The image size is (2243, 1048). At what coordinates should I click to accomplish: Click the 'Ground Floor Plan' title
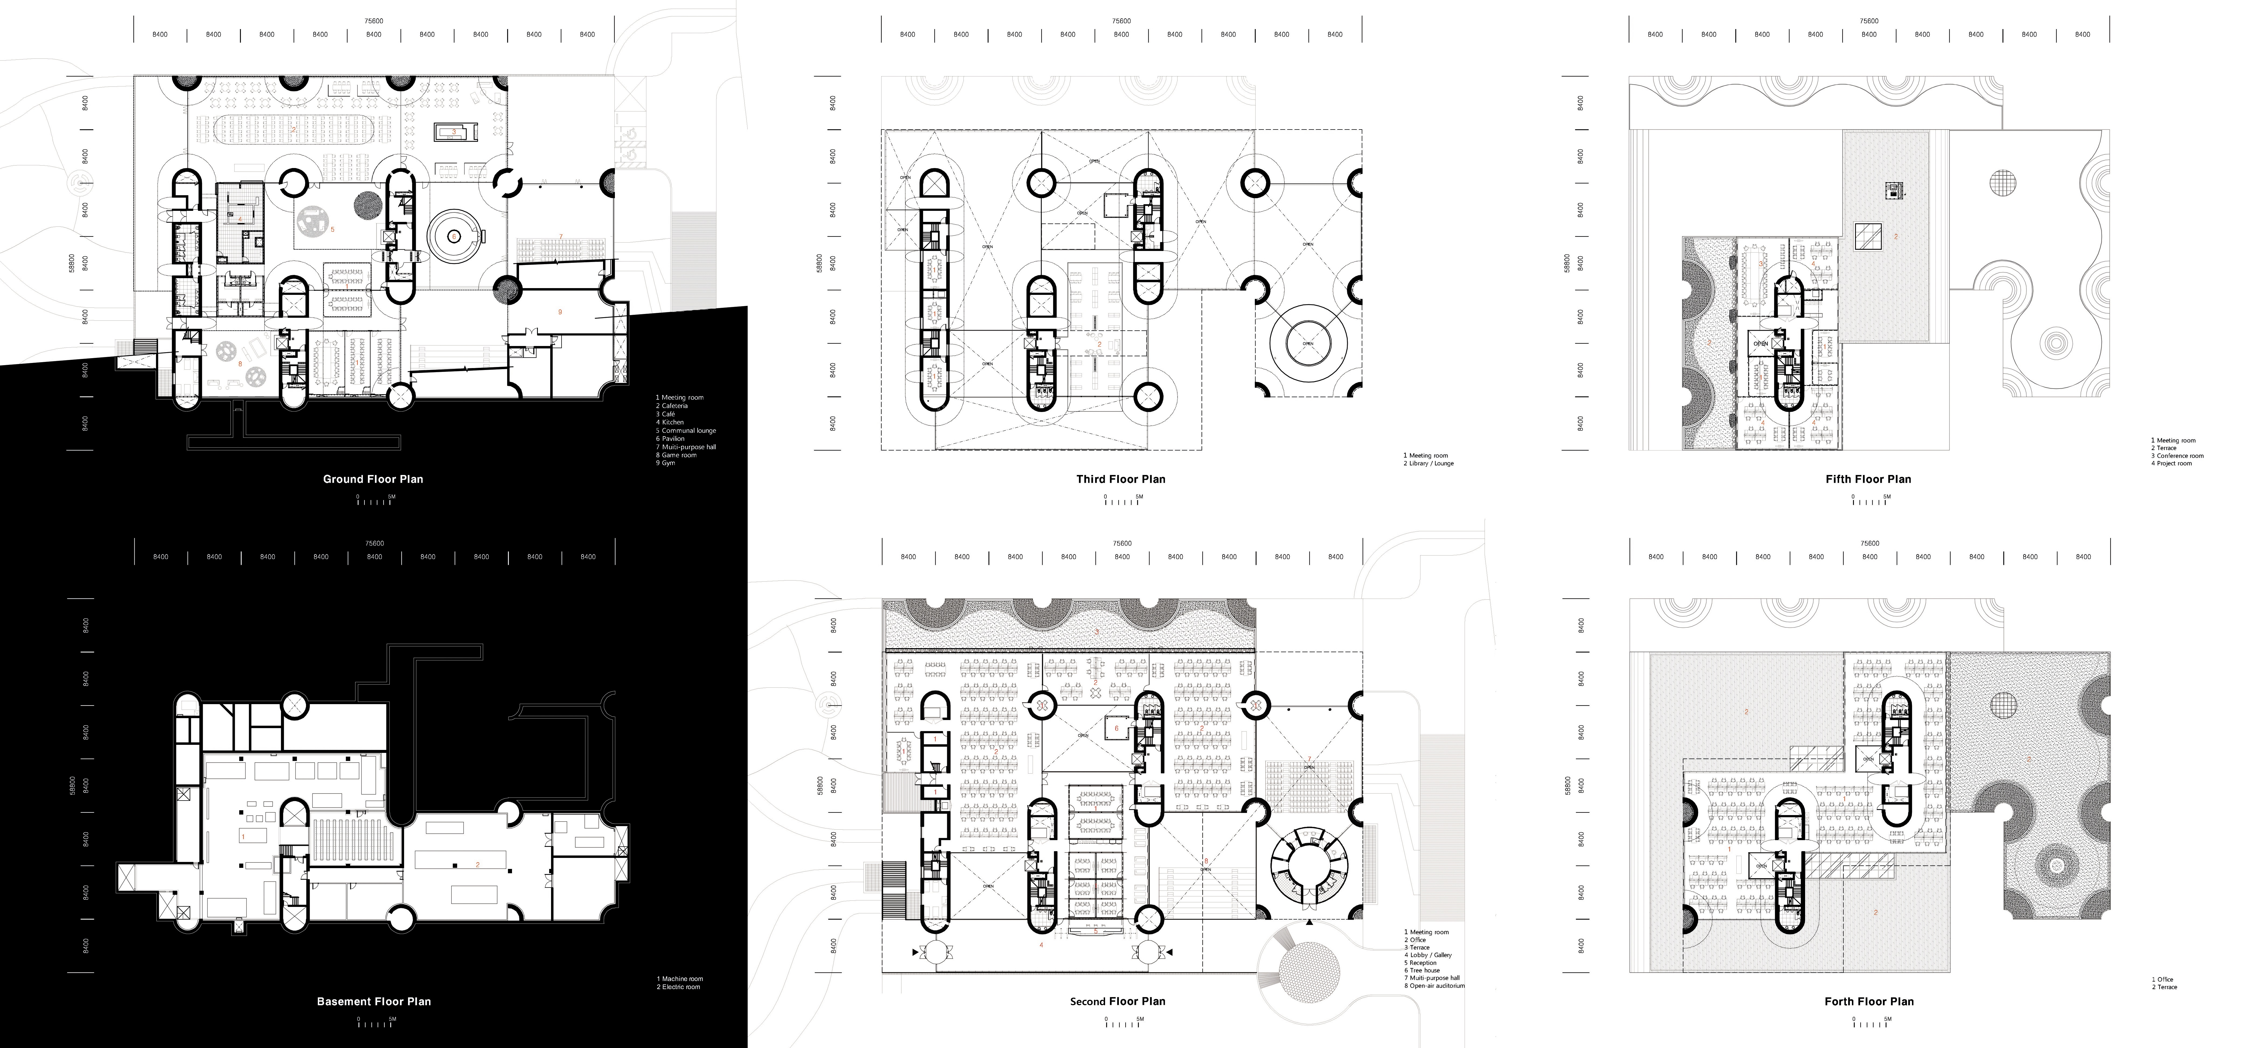[373, 479]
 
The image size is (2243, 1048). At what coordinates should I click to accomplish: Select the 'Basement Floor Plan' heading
[374, 1001]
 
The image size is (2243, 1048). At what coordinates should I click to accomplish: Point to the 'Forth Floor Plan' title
[1869, 1001]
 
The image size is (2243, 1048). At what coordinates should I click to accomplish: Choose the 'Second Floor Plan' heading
[1117, 1001]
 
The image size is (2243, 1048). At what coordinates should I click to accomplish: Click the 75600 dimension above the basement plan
[374, 543]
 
